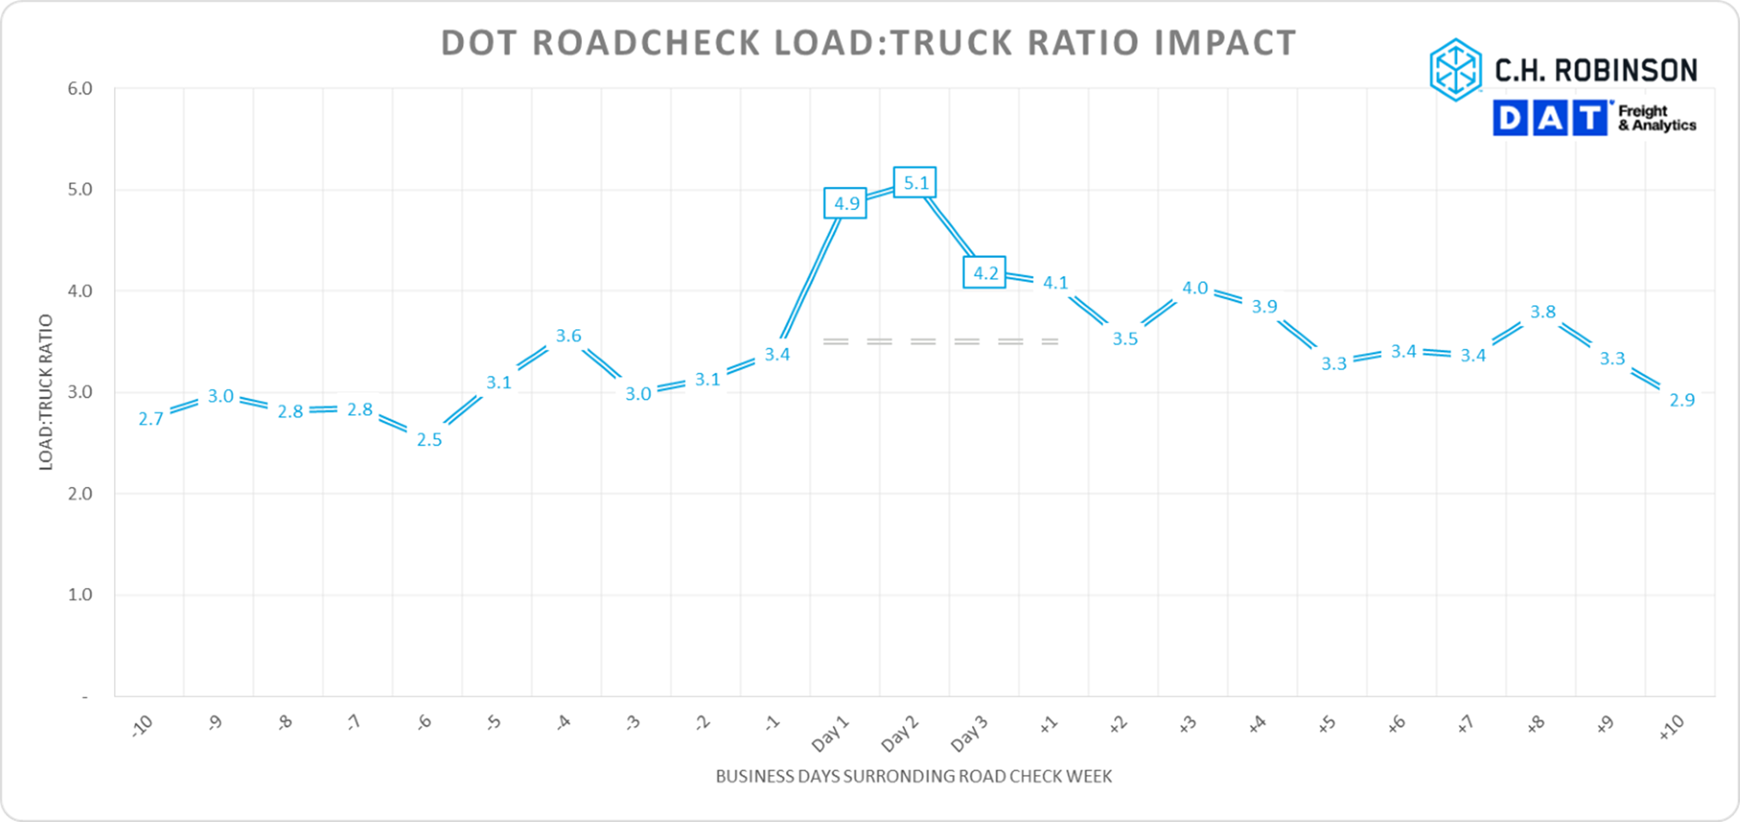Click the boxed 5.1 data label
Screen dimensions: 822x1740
tap(915, 183)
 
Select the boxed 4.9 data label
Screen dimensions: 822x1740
tap(845, 203)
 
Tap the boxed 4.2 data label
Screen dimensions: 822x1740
tap(985, 273)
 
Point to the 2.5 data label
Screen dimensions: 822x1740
tap(429, 440)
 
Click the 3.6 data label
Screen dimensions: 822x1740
tap(568, 336)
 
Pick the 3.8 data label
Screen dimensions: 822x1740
tap(1543, 312)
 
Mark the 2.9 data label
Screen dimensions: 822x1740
tap(1682, 399)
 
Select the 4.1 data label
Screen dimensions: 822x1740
tap(1055, 283)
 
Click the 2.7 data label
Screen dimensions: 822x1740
tap(151, 419)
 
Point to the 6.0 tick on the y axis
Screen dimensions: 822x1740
tap(80, 89)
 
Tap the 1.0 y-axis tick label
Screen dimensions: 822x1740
tap(80, 595)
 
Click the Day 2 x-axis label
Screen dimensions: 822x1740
tap(900, 734)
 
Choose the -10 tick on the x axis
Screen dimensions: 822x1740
tap(143, 726)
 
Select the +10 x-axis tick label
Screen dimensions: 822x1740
tap(1671, 727)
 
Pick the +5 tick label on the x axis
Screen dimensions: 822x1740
tap(1327, 724)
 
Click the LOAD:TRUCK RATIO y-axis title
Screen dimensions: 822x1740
tap(46, 392)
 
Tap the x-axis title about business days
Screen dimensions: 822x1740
tap(914, 777)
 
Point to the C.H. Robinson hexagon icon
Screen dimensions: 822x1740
tap(1455, 70)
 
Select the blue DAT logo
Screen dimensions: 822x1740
tap(1551, 118)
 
